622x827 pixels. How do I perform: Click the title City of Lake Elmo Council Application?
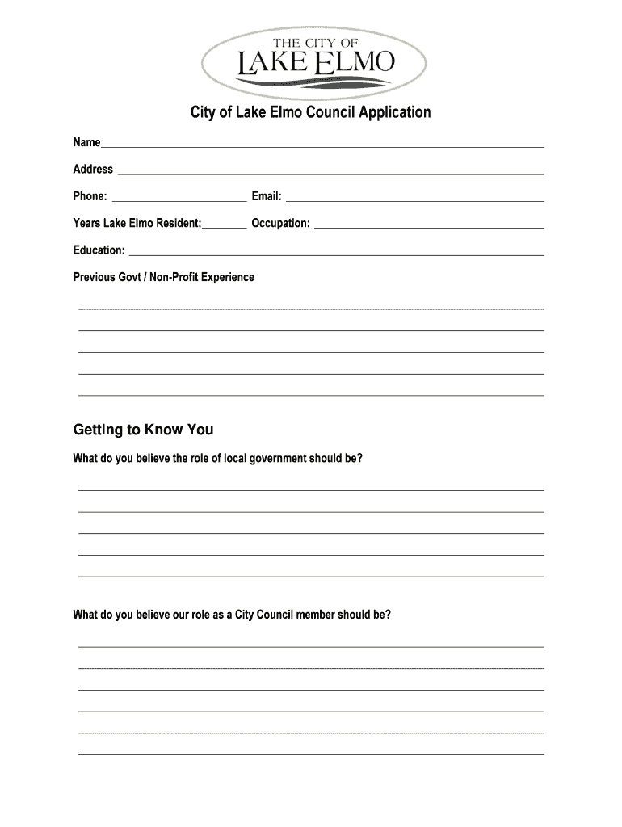[x=310, y=112]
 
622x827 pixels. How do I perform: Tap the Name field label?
[x=86, y=143]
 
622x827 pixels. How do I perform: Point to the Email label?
[x=267, y=196]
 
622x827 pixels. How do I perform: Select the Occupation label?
[x=280, y=223]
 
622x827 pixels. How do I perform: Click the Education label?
[x=99, y=250]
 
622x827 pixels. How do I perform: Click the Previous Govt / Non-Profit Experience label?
[x=163, y=277]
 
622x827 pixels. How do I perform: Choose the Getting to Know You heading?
[x=143, y=430]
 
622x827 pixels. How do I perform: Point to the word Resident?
[x=179, y=223]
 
